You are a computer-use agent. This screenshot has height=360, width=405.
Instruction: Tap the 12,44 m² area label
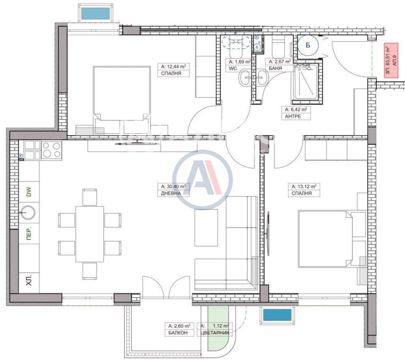coord(173,66)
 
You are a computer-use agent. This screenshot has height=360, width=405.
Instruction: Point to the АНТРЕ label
coord(293,116)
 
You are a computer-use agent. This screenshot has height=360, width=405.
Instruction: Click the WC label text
coord(233,69)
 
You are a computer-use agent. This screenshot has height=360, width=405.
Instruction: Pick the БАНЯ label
coord(275,68)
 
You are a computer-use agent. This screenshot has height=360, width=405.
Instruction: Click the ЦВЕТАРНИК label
coord(215,333)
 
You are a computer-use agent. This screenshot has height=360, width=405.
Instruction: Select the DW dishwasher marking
coord(29,192)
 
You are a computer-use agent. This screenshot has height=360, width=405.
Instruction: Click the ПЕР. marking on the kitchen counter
coord(29,233)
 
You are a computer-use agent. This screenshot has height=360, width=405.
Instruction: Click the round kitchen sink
coord(28,213)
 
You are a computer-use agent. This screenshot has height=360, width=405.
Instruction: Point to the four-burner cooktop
coord(51,150)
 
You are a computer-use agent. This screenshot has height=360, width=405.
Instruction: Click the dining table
coord(90,234)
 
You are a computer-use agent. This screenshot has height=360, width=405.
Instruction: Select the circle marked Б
coord(308,45)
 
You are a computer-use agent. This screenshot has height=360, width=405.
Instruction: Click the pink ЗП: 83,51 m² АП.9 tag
coord(391,60)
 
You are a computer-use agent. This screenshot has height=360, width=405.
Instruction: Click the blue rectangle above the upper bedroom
coord(96,13)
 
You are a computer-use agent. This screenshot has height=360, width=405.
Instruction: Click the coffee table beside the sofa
coord(206,228)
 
